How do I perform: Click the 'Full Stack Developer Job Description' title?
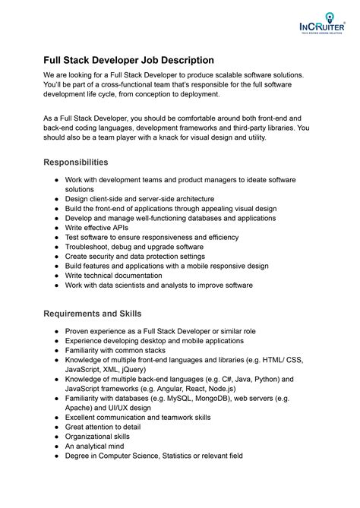tap(128, 59)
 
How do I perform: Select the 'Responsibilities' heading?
tap(75, 162)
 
